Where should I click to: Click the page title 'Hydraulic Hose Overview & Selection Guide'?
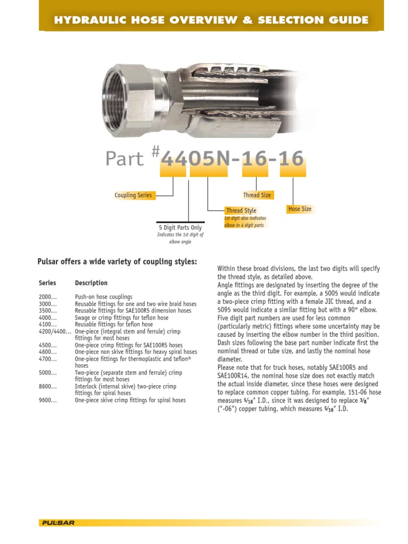pos(211,20)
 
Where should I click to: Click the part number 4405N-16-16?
pos(233,159)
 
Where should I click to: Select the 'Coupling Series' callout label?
pos(133,195)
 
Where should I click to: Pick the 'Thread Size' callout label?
pos(257,195)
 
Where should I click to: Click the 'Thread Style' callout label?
pos(241,211)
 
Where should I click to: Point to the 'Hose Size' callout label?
pos(300,209)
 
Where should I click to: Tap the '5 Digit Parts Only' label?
pos(180,228)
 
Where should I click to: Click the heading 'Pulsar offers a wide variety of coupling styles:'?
pos(117,261)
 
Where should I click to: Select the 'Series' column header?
pos(47,283)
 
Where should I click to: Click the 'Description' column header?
pos(91,283)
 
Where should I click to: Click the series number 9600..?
pos(47,400)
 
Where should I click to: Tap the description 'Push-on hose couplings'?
pos(104,297)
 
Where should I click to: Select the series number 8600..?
pos(47,387)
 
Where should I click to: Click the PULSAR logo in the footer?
pos(58,523)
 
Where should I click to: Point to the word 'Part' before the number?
pos(124,159)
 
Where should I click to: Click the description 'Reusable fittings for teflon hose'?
pos(114,324)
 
